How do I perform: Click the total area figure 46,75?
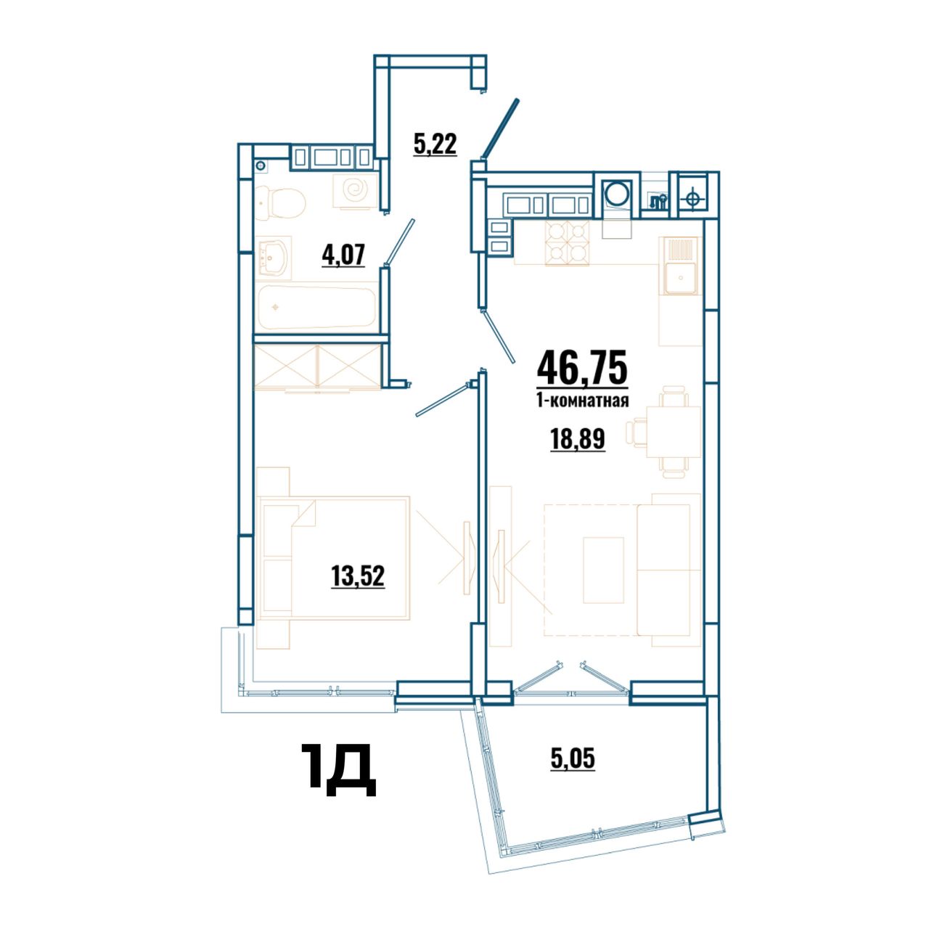582,368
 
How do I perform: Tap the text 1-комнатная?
582,400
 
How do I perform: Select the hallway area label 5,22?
435,144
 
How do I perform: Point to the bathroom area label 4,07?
343,255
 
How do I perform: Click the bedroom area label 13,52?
358,576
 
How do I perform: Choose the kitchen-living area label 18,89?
578,439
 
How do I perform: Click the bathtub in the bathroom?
316,308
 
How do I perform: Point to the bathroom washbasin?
274,258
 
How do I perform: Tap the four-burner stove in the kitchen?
568,243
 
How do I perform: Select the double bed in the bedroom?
335,558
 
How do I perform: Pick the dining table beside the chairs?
673,431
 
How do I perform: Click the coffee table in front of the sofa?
604,570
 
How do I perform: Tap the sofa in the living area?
669,570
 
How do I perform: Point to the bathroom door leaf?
399,242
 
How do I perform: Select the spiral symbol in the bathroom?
356,191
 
